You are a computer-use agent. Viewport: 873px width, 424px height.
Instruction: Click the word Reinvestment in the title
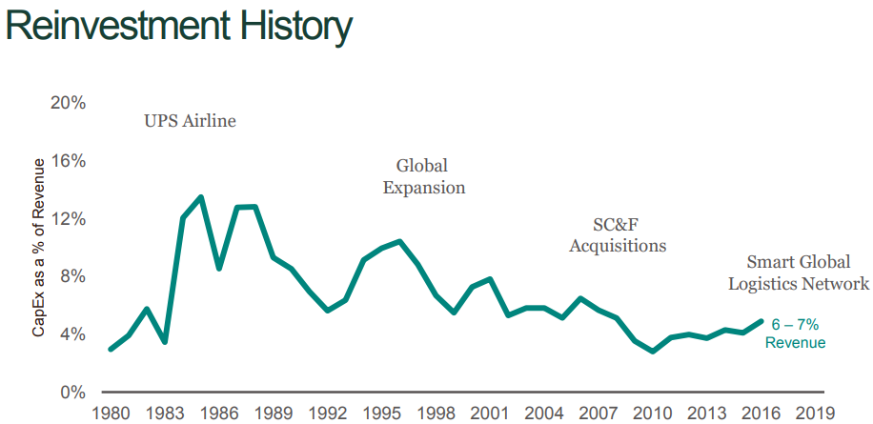point(112,28)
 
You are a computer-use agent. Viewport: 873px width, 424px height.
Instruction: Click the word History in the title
point(290,28)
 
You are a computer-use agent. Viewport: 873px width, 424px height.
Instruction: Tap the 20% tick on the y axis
point(68,103)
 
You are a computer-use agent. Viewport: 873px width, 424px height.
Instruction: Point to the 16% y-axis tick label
point(68,161)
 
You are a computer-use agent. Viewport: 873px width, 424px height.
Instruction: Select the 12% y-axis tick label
point(68,218)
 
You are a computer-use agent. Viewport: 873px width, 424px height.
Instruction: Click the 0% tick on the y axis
point(72,392)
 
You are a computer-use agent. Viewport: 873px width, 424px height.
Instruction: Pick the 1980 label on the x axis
point(111,414)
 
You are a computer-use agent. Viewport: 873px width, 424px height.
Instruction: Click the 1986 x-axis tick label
point(218,414)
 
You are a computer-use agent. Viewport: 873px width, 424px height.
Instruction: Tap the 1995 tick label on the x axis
point(381,414)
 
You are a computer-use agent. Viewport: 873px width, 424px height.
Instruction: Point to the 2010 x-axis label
point(652,414)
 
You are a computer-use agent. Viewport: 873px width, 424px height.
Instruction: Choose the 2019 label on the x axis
point(815,414)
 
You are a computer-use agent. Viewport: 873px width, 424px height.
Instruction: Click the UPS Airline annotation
point(190,121)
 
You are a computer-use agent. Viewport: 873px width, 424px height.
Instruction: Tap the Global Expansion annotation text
point(423,177)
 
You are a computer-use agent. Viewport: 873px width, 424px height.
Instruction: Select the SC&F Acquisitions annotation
point(618,234)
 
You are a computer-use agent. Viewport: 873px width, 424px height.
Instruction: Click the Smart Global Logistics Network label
point(799,273)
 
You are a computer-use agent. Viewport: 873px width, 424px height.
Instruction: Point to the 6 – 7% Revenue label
point(795,333)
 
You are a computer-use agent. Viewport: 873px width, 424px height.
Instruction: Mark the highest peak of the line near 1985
point(201,197)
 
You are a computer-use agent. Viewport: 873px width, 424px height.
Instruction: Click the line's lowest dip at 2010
point(652,352)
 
